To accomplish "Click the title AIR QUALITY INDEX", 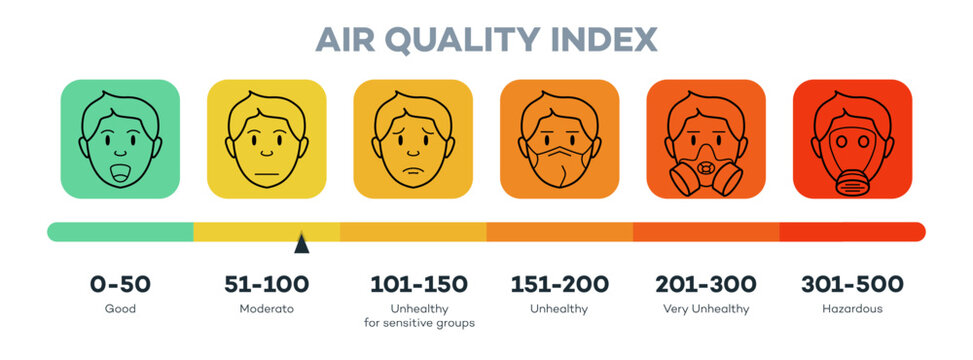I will point(486,38).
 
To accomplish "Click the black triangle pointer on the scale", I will point(301,242).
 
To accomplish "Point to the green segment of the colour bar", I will point(120,232).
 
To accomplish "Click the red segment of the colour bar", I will point(852,232).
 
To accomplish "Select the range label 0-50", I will point(120,284).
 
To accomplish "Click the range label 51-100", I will point(266,284).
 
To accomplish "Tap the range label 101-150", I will point(413,284).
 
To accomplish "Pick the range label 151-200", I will point(559,284).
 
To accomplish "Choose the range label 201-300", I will point(706,284).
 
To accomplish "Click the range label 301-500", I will point(852,284).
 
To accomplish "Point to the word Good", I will point(120,309).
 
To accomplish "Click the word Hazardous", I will point(852,309).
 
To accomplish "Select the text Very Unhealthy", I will point(706,309).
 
